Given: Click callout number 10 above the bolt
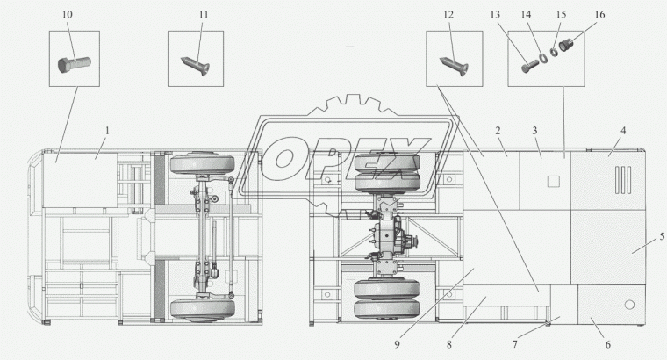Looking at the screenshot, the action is click(68, 14).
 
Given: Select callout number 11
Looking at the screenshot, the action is click(204, 14).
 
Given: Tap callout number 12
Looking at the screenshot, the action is click(448, 14).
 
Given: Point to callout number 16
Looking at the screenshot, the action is click(599, 14).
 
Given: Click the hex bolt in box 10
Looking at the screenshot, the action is click(75, 64).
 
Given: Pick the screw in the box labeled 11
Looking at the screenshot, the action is click(196, 65).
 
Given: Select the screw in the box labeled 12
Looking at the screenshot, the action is click(455, 66).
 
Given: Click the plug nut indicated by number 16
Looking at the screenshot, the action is click(566, 45).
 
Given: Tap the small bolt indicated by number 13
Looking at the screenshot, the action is click(529, 67).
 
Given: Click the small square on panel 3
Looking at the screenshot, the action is click(553, 182).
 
